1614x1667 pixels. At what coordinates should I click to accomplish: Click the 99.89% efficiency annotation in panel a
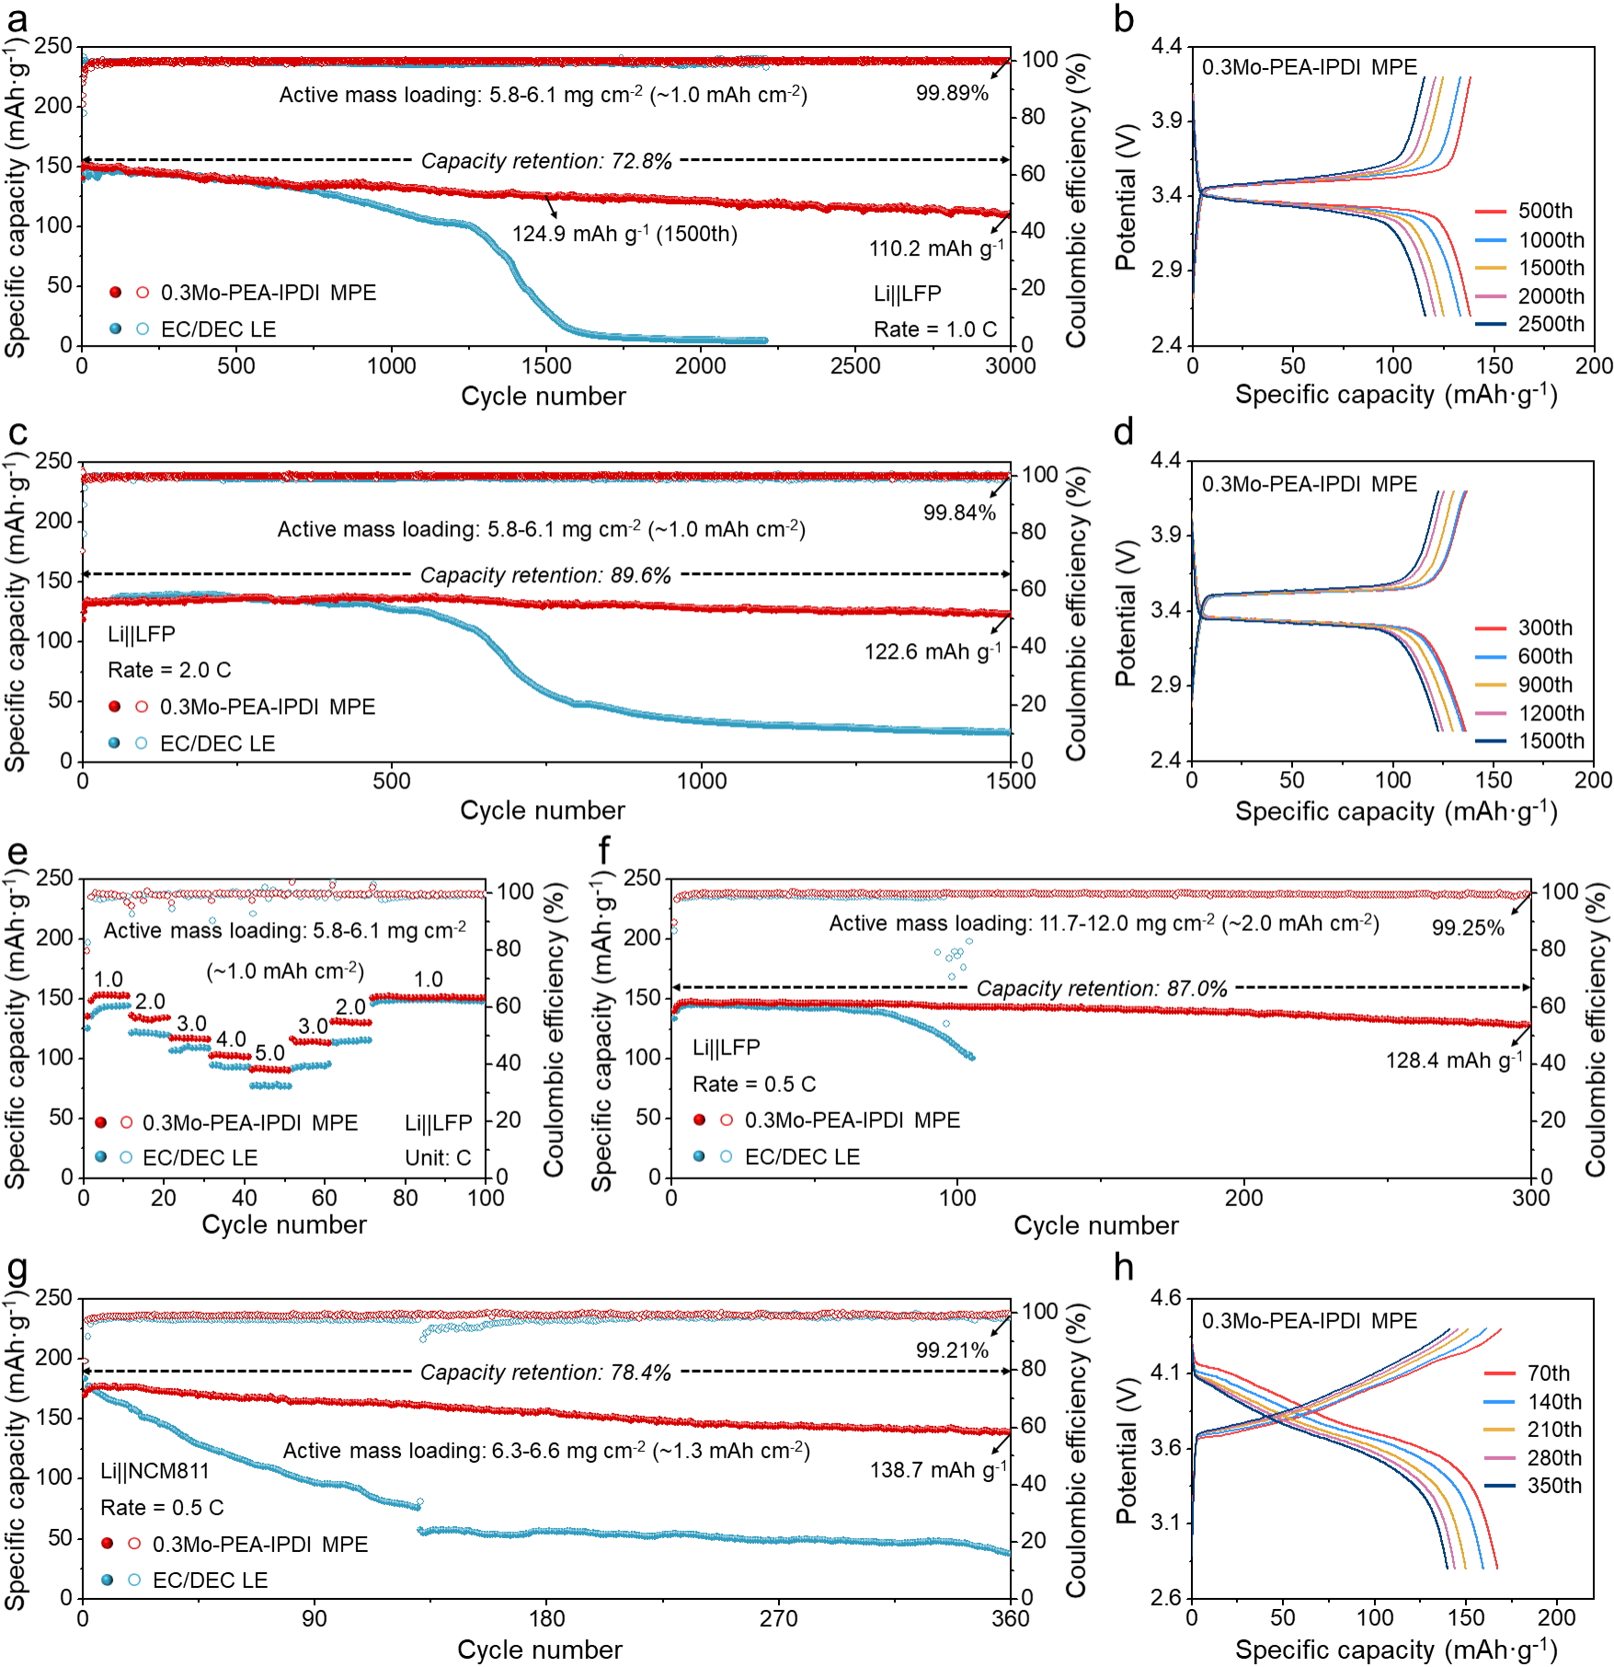click(x=952, y=93)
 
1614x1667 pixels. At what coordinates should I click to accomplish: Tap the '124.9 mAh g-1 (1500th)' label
click(x=624, y=234)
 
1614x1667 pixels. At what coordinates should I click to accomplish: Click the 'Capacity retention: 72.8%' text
click(x=546, y=161)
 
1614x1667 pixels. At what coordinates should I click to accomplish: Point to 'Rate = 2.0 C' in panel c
click(x=169, y=670)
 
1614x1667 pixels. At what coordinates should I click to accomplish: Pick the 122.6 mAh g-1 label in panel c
click(x=933, y=651)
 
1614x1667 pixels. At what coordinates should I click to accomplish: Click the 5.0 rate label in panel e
click(x=269, y=1052)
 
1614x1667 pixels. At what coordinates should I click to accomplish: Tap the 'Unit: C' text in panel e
click(x=438, y=1157)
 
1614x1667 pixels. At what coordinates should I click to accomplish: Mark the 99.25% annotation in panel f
click(x=1468, y=928)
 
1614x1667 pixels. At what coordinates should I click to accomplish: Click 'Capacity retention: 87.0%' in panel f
click(x=1102, y=989)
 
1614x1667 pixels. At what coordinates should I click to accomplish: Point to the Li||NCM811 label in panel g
click(x=155, y=1471)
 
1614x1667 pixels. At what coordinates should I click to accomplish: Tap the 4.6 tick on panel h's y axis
click(x=1165, y=1298)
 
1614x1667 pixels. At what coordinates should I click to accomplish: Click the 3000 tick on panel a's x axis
click(x=1010, y=366)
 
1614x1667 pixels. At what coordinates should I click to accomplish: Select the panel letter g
click(x=17, y=1269)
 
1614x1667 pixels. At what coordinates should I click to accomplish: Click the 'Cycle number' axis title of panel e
click(x=284, y=1224)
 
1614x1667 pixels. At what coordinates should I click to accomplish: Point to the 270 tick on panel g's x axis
click(x=779, y=1618)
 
